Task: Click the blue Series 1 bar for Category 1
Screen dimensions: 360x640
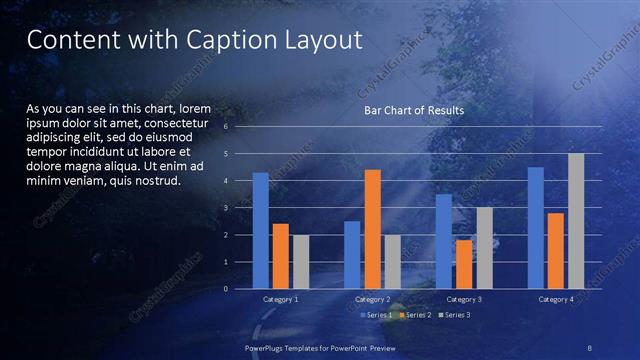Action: (260, 230)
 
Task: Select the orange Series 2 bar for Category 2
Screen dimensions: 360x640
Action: (372, 229)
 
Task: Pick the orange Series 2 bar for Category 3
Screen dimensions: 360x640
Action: (464, 264)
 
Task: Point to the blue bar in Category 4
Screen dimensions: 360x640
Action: (536, 227)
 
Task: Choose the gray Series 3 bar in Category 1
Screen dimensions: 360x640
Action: (300, 261)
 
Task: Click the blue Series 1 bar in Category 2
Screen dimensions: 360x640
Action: (352, 255)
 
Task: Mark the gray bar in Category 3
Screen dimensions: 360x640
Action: (484, 248)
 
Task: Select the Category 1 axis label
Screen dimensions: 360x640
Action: (280, 299)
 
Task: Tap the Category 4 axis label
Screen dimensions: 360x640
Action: (556, 299)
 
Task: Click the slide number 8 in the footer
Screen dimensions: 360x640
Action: (590, 346)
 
